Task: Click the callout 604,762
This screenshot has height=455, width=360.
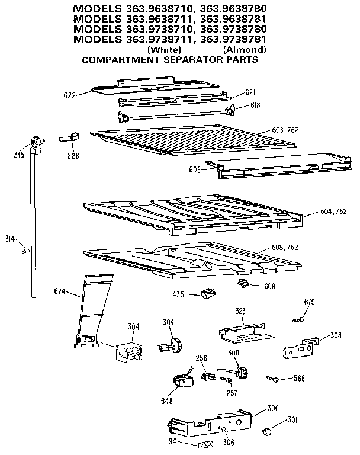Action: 333,212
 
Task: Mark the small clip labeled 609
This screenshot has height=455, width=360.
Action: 243,284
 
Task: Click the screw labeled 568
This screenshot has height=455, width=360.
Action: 273,377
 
